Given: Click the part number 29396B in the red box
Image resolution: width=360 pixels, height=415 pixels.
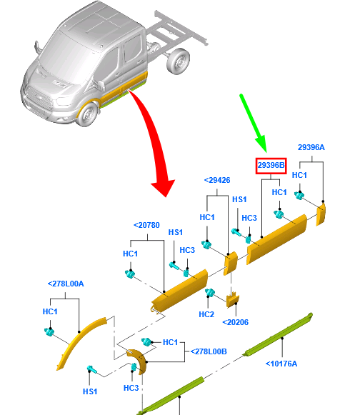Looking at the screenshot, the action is [x=271, y=166].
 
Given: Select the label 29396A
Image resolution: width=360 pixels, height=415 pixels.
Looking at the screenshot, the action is [x=311, y=147].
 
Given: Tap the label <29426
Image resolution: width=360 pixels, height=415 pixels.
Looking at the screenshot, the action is [x=217, y=180].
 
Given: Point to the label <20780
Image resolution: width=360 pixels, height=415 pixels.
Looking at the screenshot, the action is [x=146, y=225].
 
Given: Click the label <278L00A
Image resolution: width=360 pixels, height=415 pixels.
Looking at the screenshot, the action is [x=66, y=284].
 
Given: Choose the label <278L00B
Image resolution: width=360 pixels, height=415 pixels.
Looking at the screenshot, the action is [x=209, y=351].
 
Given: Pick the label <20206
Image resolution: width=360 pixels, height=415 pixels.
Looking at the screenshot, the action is [x=235, y=322].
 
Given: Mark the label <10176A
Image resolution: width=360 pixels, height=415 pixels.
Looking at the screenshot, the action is [x=281, y=364].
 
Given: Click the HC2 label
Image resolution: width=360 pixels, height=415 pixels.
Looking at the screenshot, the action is [x=206, y=314].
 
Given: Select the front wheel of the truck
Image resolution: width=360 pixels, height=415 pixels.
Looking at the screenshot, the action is [x=88, y=114].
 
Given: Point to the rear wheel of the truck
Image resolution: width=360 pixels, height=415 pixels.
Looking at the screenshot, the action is [x=178, y=61].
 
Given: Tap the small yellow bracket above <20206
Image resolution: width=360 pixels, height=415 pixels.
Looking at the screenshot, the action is [x=233, y=300].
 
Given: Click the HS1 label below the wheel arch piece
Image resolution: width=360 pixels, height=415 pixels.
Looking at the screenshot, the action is [x=90, y=391].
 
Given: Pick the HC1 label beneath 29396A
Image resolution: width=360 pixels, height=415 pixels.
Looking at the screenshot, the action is [x=299, y=175].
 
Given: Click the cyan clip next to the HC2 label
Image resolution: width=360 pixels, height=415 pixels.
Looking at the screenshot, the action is [x=210, y=293].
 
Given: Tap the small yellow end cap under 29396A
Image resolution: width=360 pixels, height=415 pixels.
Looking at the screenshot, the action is [x=321, y=215].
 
